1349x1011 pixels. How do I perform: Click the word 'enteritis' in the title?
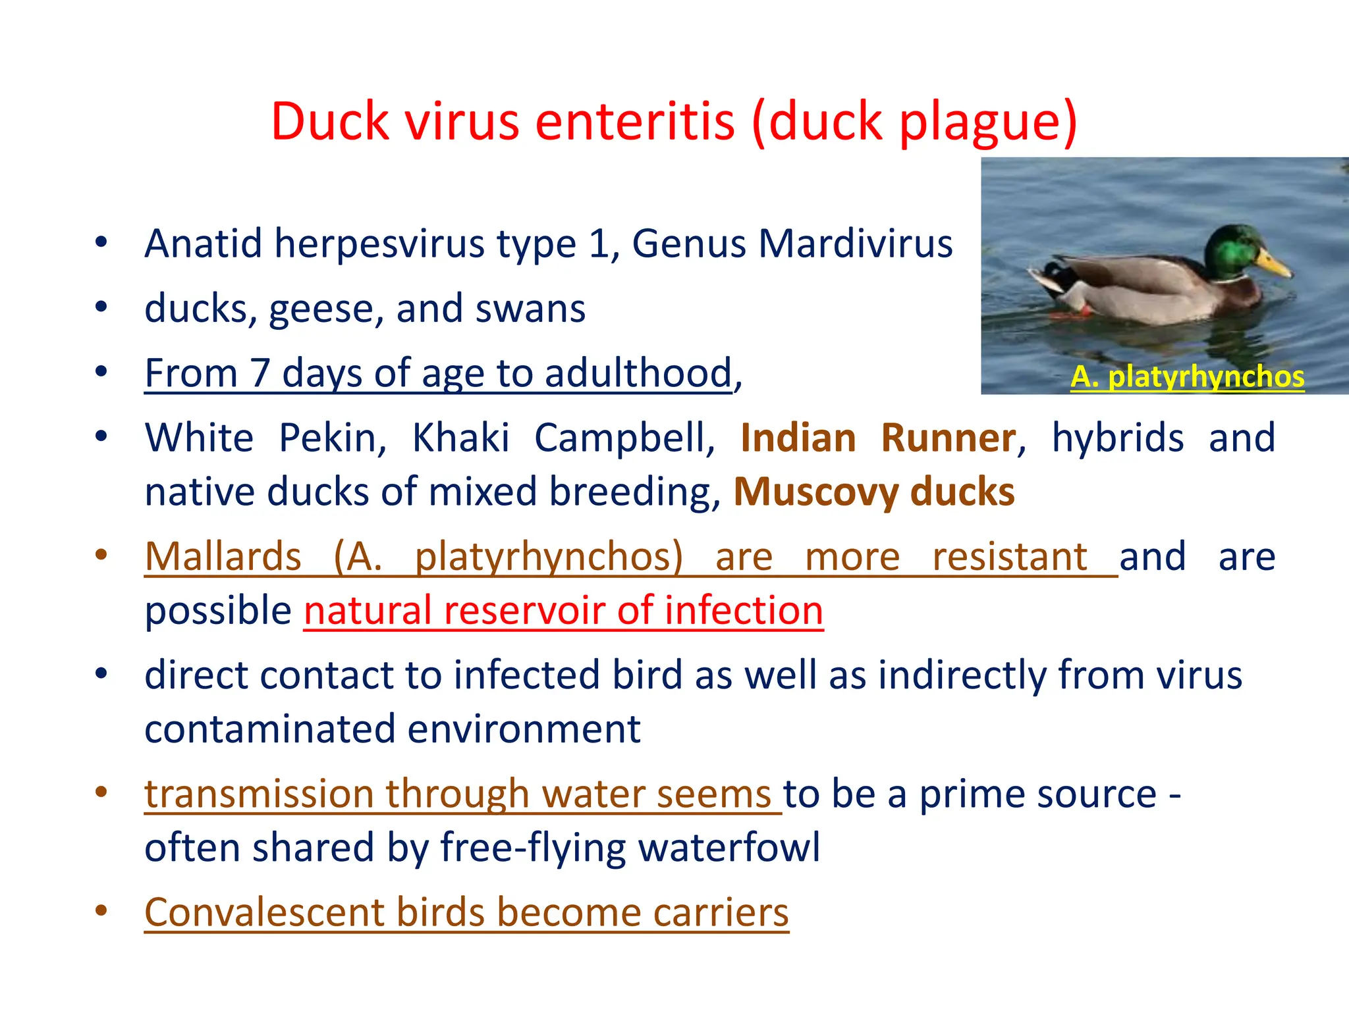coord(634,122)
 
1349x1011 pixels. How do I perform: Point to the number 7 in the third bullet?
coord(260,373)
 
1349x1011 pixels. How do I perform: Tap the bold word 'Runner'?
coord(949,438)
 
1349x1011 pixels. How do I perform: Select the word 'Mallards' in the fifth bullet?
coord(223,557)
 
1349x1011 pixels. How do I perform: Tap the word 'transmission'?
coord(259,794)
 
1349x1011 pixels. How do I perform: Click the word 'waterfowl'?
coord(729,847)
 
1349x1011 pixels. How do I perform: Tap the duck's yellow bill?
coord(1273,263)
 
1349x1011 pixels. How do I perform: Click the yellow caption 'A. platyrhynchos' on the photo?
coord(1187,377)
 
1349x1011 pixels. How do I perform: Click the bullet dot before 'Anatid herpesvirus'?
coord(101,242)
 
